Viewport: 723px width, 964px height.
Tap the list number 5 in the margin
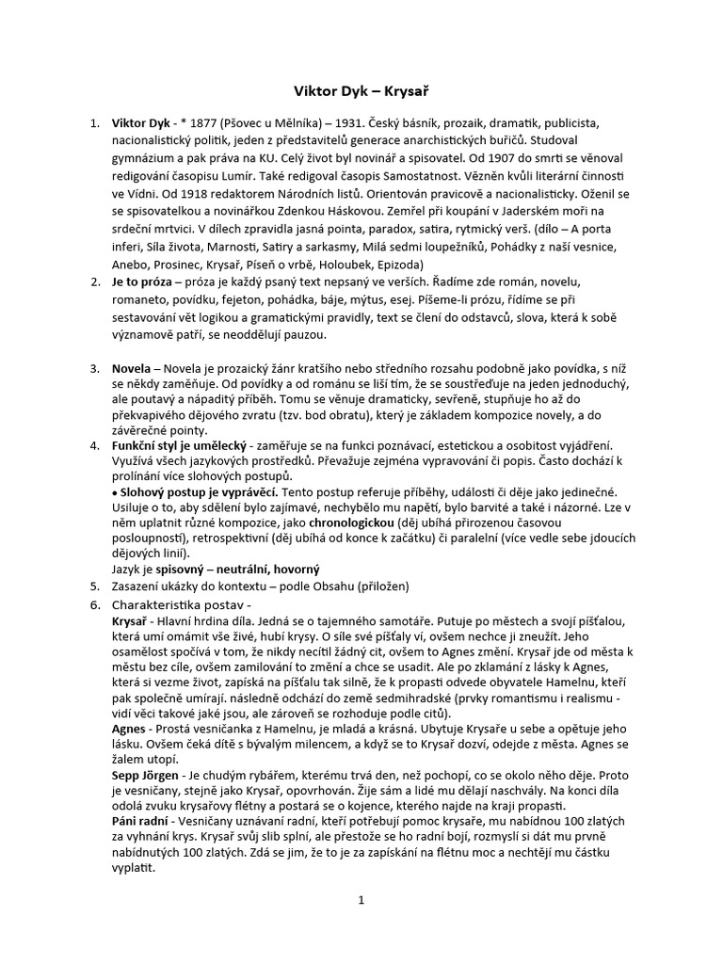pyautogui.click(x=94, y=587)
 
